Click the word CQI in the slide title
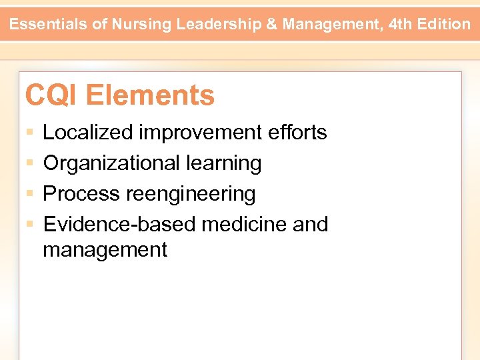52,95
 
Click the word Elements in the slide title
150,95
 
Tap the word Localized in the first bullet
87,133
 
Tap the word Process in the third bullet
82,194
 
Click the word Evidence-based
119,225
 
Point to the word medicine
244,225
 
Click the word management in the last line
105,250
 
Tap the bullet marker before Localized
29,133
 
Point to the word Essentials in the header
51,25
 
